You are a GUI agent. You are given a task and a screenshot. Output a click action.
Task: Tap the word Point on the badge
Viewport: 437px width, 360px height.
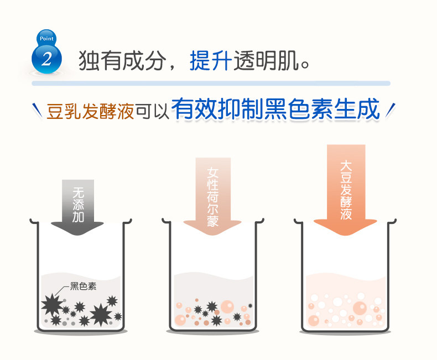click(x=46, y=39)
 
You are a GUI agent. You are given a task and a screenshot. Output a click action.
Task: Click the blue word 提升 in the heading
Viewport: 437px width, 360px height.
click(x=211, y=60)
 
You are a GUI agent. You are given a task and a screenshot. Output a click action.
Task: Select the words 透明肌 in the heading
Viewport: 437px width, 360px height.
click(x=267, y=60)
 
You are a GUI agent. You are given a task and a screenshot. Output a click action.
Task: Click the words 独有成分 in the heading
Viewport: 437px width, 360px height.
click(x=122, y=60)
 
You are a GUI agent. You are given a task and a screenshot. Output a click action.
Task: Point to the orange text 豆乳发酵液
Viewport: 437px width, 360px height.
click(x=90, y=111)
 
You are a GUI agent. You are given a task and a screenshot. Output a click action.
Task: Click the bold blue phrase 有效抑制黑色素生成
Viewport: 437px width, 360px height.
click(x=275, y=109)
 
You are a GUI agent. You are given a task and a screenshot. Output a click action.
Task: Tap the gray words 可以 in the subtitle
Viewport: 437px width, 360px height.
click(x=152, y=112)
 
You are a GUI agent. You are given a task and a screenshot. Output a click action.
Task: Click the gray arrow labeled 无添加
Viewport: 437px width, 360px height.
click(x=77, y=207)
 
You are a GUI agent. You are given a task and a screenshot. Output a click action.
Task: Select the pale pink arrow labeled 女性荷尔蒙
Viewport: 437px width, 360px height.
click(x=212, y=196)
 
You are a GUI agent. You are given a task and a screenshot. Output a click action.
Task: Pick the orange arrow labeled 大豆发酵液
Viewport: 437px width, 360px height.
click(x=346, y=190)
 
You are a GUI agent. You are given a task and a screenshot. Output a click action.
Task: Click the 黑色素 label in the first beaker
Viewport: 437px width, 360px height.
click(x=83, y=286)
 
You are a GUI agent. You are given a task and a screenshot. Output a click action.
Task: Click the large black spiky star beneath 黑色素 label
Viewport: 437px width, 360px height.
click(x=52, y=305)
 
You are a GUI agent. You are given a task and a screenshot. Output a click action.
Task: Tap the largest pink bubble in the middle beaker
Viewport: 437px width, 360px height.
click(x=228, y=307)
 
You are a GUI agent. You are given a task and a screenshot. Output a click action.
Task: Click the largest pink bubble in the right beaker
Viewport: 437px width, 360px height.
click(x=360, y=308)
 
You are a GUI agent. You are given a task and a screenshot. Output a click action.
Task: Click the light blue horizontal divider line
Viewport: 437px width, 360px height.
click(x=211, y=84)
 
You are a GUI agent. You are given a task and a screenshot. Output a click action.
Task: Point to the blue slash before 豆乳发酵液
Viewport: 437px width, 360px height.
click(x=37, y=110)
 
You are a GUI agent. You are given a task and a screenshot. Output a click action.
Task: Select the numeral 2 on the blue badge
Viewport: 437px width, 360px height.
click(x=46, y=59)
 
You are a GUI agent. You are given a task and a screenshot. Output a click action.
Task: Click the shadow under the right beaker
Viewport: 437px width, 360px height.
click(x=346, y=332)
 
